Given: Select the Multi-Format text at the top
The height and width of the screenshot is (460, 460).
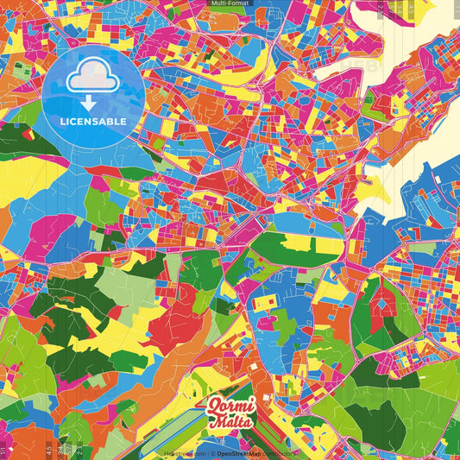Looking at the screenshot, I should (230, 4).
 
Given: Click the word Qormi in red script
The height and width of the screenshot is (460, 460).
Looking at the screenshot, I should (230, 403).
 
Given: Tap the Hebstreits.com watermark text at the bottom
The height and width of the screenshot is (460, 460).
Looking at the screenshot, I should (184, 452).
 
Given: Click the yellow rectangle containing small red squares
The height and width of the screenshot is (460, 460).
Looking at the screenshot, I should (267, 301).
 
